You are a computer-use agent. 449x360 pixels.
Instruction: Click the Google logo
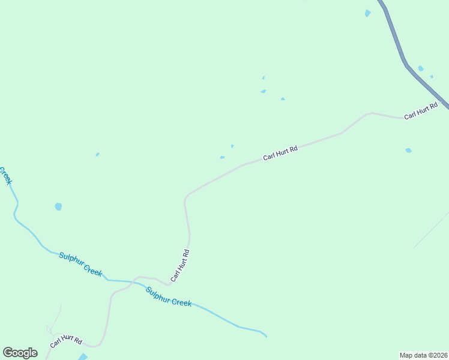(x=20, y=353)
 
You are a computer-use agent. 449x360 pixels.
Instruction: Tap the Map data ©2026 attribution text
(x=423, y=355)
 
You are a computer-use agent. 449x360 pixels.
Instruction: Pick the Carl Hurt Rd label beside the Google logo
(x=65, y=341)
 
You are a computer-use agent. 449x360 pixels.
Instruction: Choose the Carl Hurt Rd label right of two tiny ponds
(x=280, y=153)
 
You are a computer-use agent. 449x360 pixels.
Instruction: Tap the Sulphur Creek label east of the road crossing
(x=168, y=296)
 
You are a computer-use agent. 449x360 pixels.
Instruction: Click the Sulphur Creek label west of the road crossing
(x=80, y=264)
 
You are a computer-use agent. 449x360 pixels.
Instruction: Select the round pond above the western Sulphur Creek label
(x=58, y=206)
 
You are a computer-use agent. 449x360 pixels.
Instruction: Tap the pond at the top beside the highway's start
(x=367, y=13)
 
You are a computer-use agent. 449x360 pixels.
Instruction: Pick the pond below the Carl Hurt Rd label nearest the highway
(x=409, y=150)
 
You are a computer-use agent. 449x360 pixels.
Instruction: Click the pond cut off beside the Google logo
(x=83, y=356)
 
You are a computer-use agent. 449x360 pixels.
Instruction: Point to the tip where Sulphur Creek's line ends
(x=266, y=336)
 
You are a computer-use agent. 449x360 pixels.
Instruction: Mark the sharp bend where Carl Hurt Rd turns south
(x=187, y=196)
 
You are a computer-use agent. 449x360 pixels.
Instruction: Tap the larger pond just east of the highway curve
(x=421, y=68)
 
